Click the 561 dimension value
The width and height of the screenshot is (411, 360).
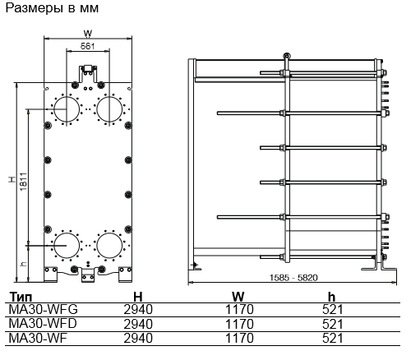pyautogui.click(x=88, y=46)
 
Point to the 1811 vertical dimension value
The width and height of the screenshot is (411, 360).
pyautogui.click(x=24, y=182)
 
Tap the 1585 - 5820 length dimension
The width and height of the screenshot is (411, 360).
pyautogui.click(x=293, y=278)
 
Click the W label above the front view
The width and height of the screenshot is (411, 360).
pyautogui.click(x=88, y=34)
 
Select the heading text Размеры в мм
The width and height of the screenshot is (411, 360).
pyautogui.click(x=52, y=8)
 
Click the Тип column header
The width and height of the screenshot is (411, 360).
pyautogui.click(x=21, y=297)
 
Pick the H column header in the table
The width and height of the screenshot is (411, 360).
pyautogui.click(x=138, y=297)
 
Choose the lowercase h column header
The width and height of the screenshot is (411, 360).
pyautogui.click(x=331, y=297)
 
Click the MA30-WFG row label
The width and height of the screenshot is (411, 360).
pyautogui.click(x=44, y=310)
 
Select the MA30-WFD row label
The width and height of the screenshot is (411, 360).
pyautogui.click(x=43, y=324)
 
